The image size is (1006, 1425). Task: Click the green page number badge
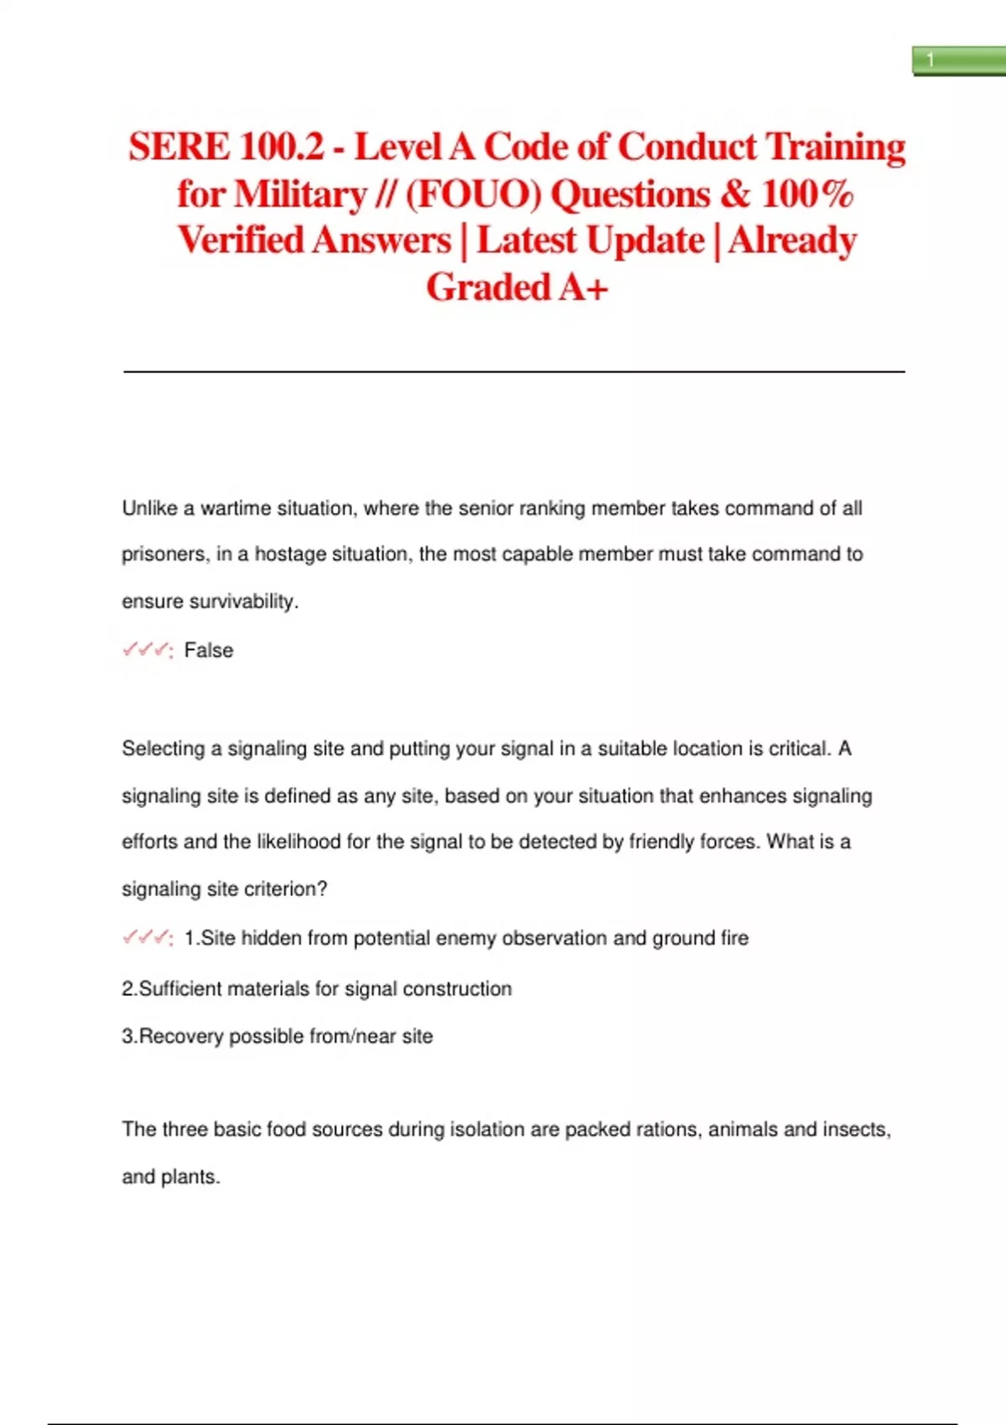958,61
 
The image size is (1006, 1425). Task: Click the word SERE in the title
179,147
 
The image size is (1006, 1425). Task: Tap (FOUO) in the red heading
474,194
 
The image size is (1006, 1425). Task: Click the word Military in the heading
300,194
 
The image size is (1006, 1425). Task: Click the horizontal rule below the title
514,370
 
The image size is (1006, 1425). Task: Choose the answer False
209,650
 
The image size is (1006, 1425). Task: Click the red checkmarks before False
147,650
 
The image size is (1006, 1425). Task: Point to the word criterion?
286,889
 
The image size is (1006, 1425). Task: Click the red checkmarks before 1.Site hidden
147,938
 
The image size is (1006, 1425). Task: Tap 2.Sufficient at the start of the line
172,989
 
